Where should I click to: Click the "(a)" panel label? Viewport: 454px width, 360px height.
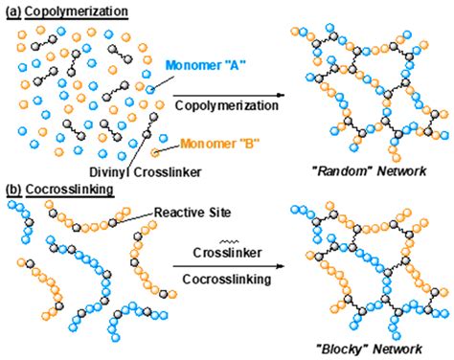coord(12,11)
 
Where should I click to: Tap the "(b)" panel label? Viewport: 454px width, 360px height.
coord(12,190)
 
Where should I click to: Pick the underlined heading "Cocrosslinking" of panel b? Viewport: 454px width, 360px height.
coord(69,190)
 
